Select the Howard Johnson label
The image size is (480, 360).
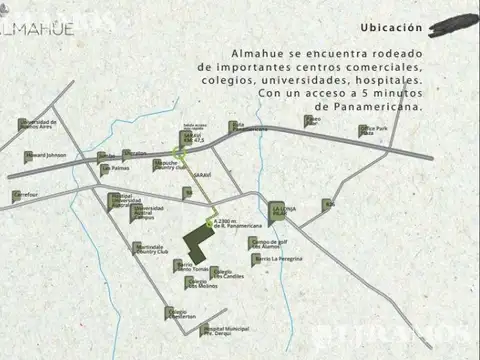click(45, 156)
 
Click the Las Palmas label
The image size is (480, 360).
click(115, 169)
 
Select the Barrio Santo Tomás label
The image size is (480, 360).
click(192, 266)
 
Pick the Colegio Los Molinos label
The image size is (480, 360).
click(201, 283)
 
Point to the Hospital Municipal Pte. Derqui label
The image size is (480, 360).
click(224, 330)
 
